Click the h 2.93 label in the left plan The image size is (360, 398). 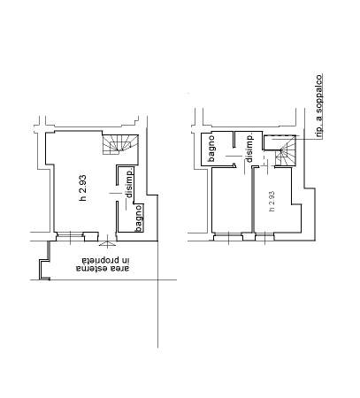click(83, 188)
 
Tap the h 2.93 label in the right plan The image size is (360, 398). click(272, 201)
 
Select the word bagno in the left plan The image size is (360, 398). click(139, 218)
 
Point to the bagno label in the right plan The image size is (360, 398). click(211, 149)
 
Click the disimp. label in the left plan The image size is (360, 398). click(129, 183)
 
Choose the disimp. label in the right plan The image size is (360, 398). click(249, 148)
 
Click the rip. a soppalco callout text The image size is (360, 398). click(319, 106)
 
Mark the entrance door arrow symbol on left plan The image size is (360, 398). click(107, 242)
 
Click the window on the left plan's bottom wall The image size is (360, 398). click(70, 235)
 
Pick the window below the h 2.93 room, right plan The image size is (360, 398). click(264, 236)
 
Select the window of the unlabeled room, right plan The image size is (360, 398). click(228, 236)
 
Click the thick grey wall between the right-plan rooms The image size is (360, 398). click(253, 200)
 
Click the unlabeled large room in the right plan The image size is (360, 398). click(232, 200)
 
